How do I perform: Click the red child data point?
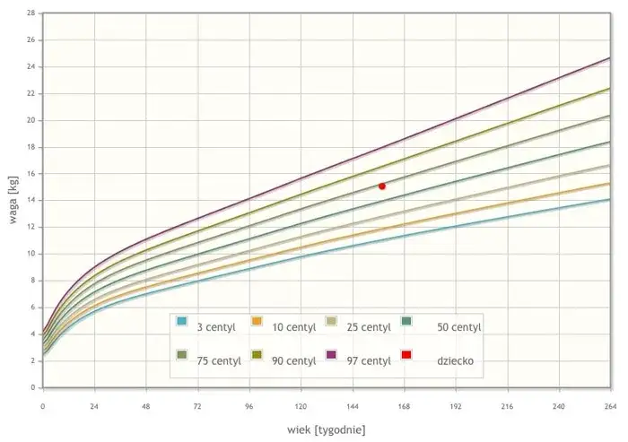click(x=382, y=186)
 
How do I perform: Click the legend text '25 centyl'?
click(x=369, y=327)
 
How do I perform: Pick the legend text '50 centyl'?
click(x=458, y=327)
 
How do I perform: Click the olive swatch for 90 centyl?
click(x=257, y=357)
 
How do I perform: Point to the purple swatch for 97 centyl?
click(x=331, y=357)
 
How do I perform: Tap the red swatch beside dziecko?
click(x=406, y=357)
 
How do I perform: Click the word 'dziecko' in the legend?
click(x=456, y=361)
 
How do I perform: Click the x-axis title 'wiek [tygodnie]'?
click(x=327, y=429)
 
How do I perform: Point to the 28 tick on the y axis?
click(x=31, y=13)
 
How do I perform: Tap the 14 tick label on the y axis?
click(x=31, y=201)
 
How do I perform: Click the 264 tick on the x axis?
click(x=609, y=405)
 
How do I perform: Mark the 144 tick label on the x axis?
click(x=352, y=405)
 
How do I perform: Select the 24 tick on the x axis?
click(x=94, y=405)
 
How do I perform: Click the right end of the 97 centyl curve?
click(x=609, y=58)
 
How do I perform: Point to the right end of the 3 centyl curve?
click(x=609, y=200)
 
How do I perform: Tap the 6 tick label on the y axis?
click(x=32, y=308)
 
